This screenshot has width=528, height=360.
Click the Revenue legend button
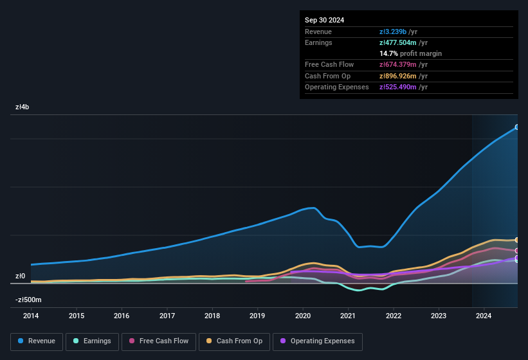pos(37,341)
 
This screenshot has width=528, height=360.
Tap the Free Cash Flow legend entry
pos(159,341)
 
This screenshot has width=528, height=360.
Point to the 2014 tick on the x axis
pos(31,316)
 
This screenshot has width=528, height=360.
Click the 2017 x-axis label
pos(167,316)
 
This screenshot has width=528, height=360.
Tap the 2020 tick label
pos(303,316)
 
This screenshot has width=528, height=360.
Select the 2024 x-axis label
pos(484,316)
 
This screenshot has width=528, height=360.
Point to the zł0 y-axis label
pos(21,276)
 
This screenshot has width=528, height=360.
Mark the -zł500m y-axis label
pos(28,300)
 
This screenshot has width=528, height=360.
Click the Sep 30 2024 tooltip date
pos(324,20)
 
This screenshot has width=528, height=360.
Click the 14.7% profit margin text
pos(410,53)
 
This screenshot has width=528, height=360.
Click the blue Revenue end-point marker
pos(517,127)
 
